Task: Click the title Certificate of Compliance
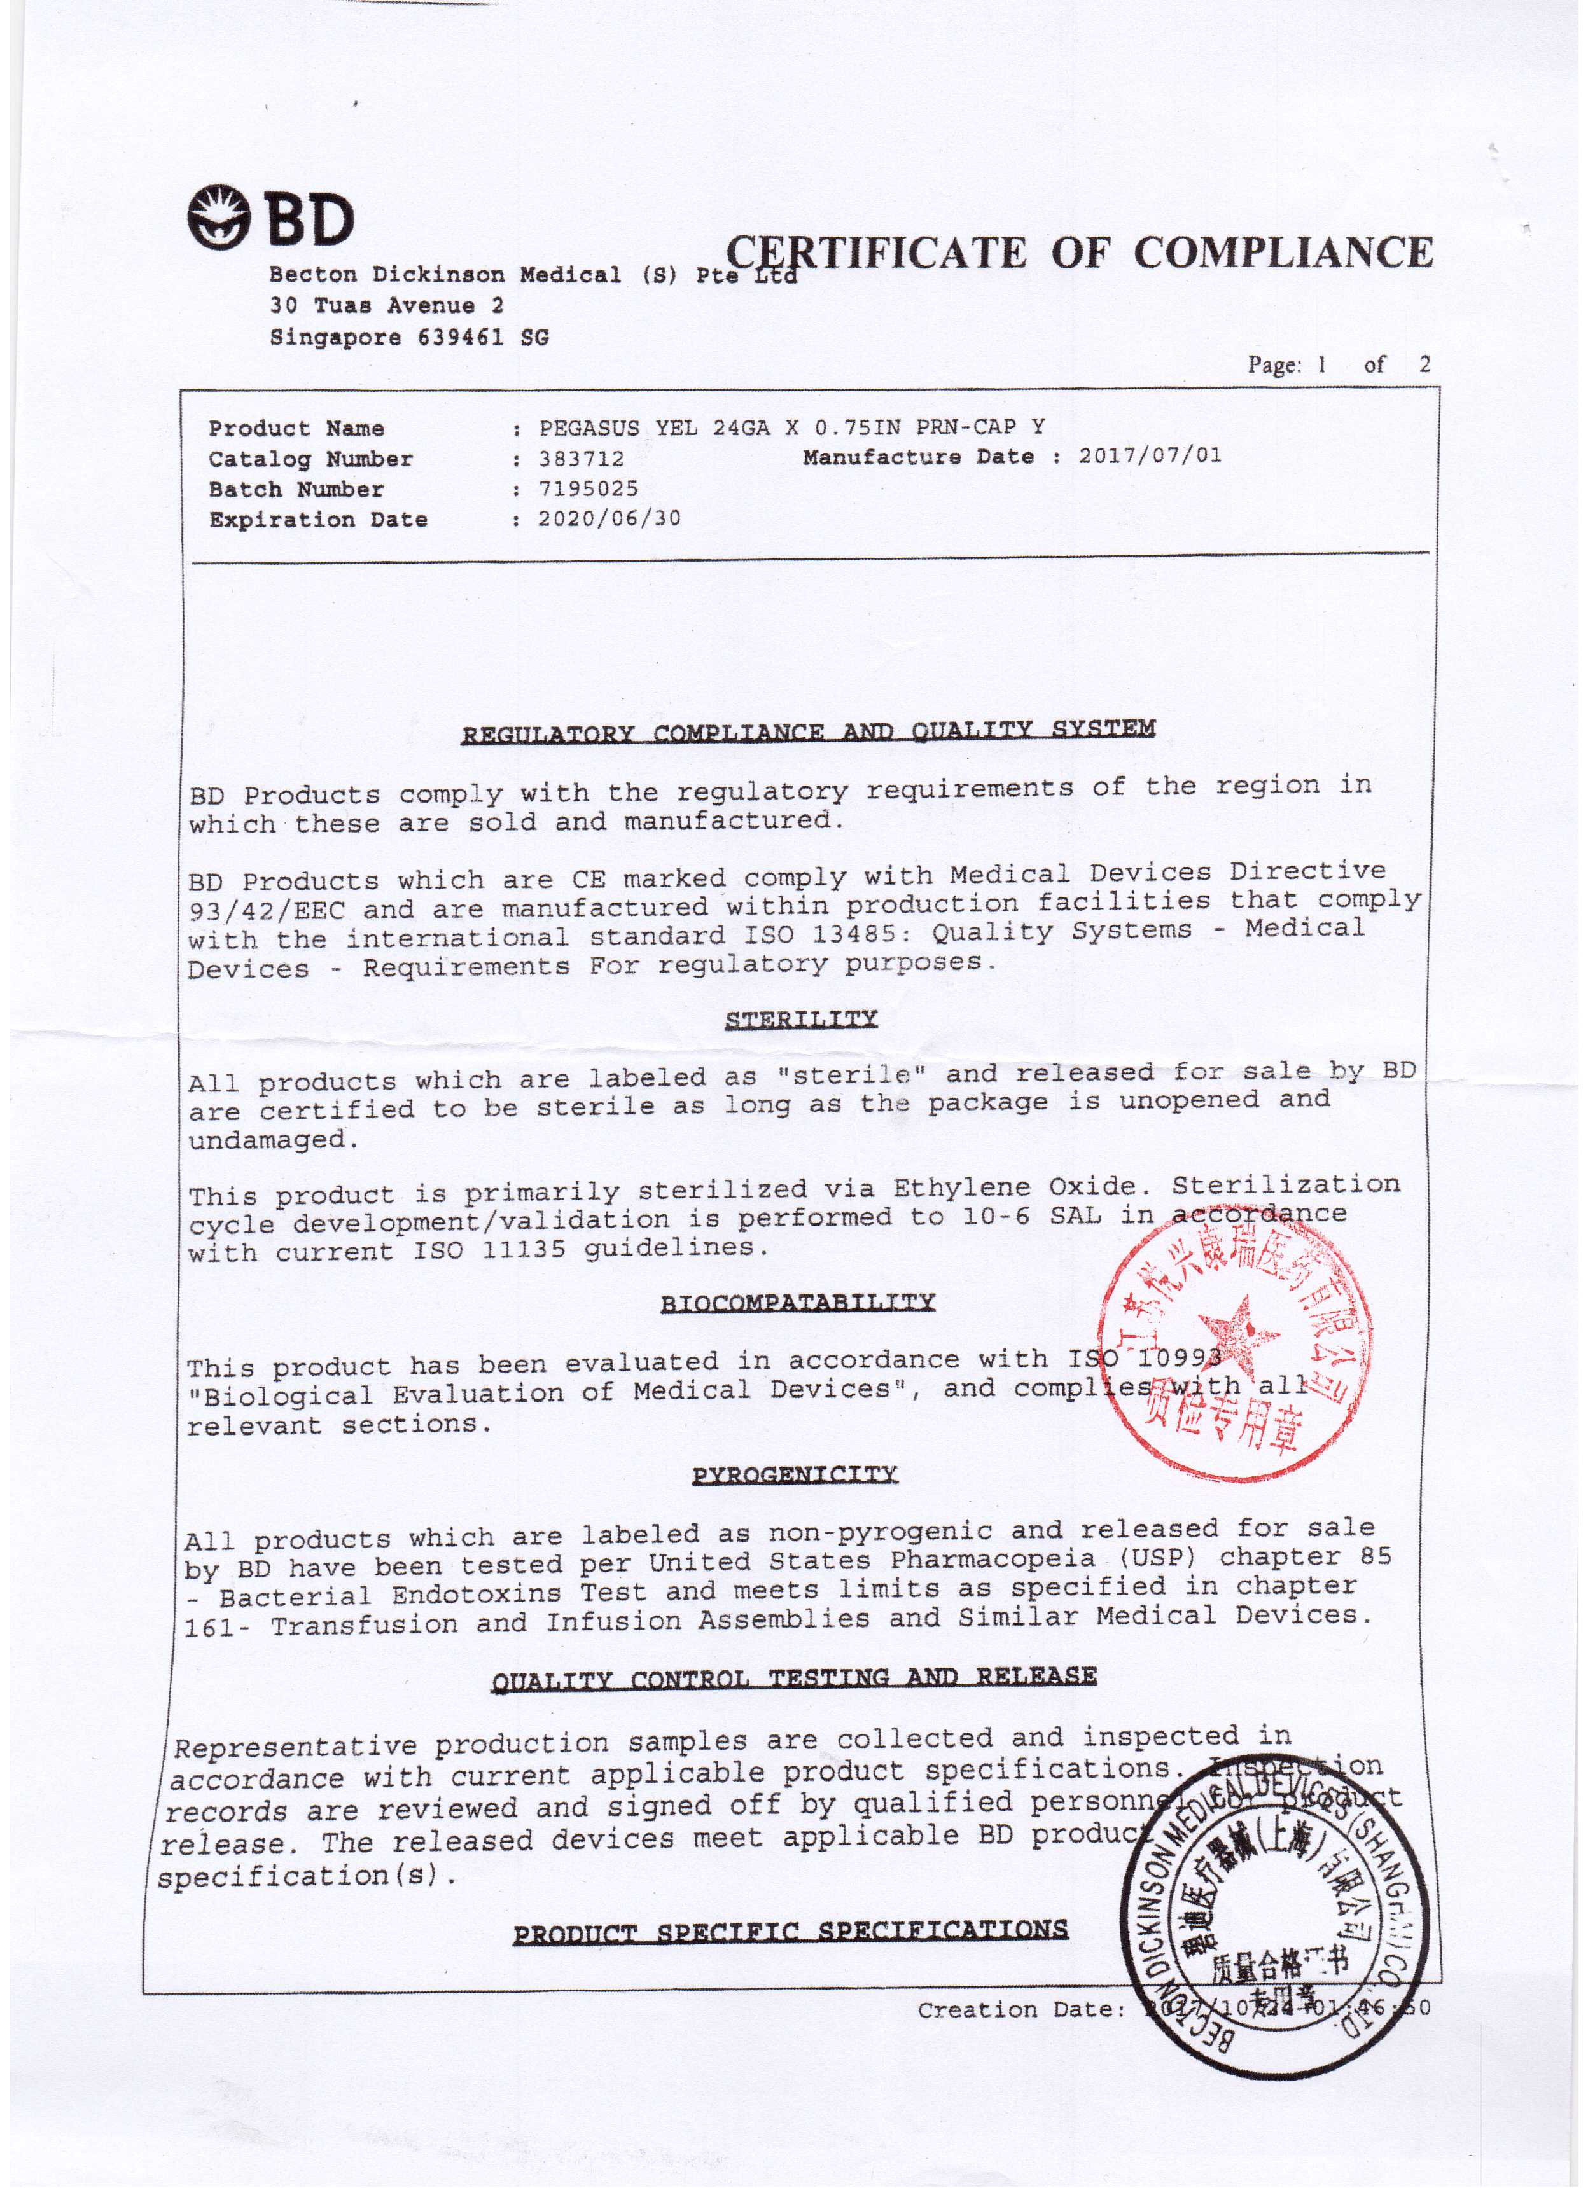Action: click(x=1078, y=252)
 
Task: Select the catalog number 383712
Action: click(x=582, y=459)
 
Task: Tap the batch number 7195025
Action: click(x=589, y=489)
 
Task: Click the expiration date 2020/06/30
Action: click(x=609, y=519)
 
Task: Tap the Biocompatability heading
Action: click(x=798, y=1303)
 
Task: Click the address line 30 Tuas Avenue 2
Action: click(x=386, y=307)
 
